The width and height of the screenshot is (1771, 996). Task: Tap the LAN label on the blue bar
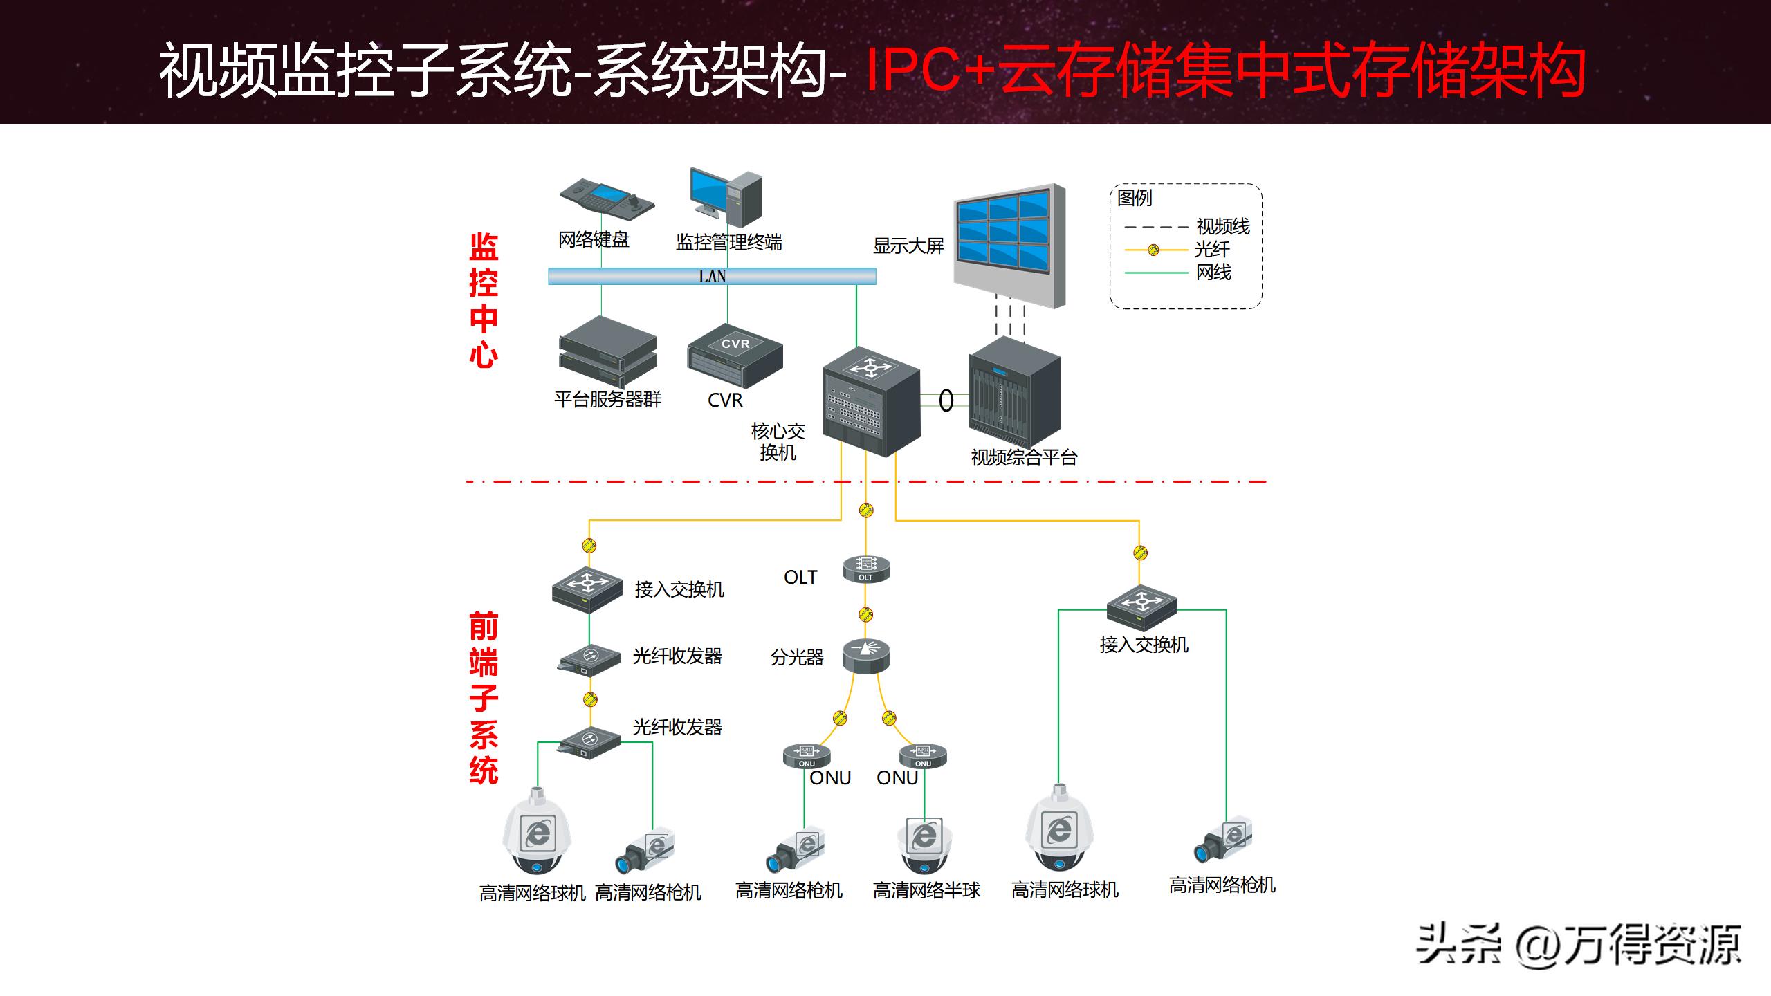pos(712,277)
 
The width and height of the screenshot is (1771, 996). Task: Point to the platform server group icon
pos(607,352)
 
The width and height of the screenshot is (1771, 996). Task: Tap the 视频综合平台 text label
pos(1024,457)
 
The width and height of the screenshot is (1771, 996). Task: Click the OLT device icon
pos(865,569)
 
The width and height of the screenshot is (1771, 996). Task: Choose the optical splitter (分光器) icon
pos(865,655)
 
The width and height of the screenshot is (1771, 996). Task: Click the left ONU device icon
pos(807,756)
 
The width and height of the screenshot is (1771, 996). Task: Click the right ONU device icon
pos(923,756)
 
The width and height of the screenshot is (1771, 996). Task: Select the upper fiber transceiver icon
pos(589,660)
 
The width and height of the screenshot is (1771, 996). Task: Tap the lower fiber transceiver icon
pos(589,742)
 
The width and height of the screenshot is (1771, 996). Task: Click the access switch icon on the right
pos(1141,607)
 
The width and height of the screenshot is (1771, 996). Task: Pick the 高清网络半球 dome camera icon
pos(924,845)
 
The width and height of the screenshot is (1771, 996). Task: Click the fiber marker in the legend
pos(1153,250)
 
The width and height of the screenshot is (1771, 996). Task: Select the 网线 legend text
pos(1213,273)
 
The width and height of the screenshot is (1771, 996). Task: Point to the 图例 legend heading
pos(1135,198)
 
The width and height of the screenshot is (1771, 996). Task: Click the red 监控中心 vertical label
pos(484,300)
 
